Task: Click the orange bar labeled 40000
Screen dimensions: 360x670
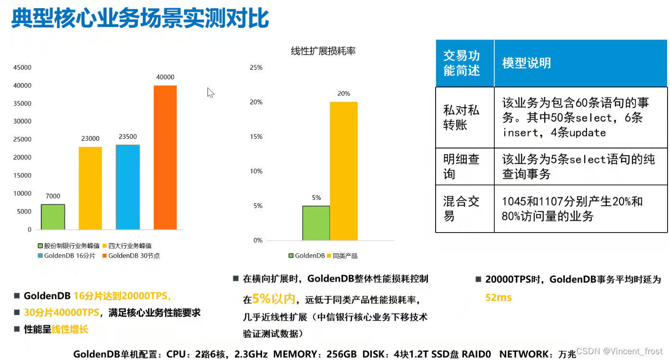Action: pyautogui.click(x=165, y=157)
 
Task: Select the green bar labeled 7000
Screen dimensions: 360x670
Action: pyautogui.click(x=53, y=217)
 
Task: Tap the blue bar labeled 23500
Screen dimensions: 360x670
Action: pyautogui.click(x=128, y=187)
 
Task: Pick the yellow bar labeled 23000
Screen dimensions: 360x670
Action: pyautogui.click(x=90, y=188)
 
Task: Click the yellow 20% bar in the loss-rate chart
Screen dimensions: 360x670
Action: pyautogui.click(x=343, y=171)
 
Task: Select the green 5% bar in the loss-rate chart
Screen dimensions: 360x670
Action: pyautogui.click(x=316, y=223)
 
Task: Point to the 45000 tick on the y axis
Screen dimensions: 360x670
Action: pyautogui.click(x=23, y=68)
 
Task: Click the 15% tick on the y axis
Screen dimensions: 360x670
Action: pyautogui.click(x=256, y=137)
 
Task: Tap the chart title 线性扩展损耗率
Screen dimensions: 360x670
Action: pyautogui.click(x=323, y=51)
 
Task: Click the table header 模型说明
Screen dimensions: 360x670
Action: pyautogui.click(x=526, y=63)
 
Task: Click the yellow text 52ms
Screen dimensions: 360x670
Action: pyautogui.click(x=499, y=298)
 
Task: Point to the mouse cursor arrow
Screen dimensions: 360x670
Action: pyautogui.click(x=210, y=92)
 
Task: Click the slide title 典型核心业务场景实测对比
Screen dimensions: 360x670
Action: pyautogui.click(x=140, y=19)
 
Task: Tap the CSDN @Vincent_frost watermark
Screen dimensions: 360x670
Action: pyautogui.click(x=619, y=351)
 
